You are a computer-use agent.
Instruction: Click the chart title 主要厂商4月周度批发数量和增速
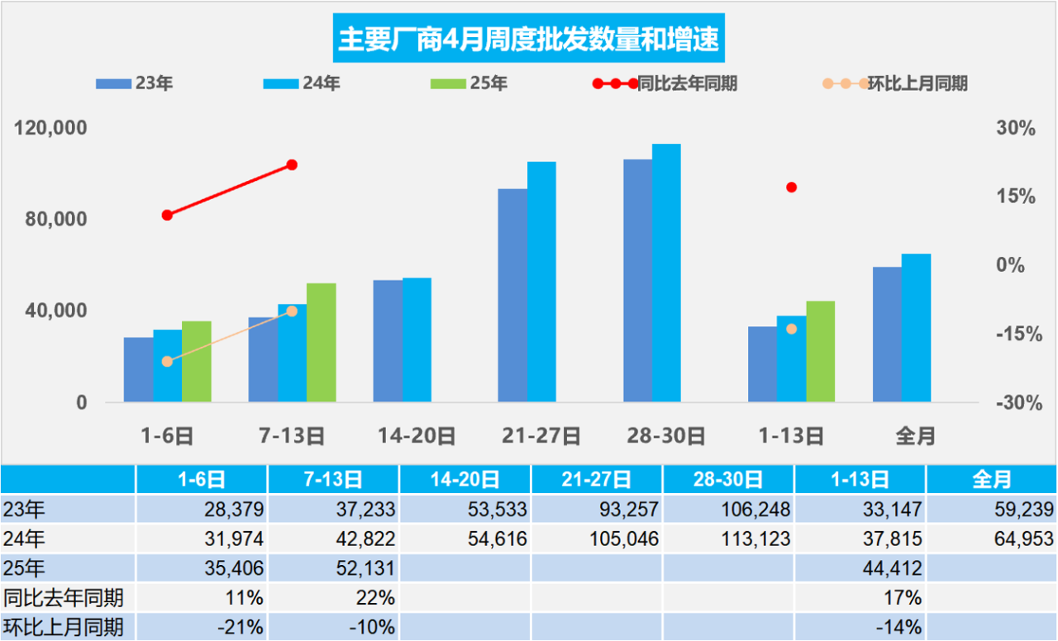click(x=529, y=39)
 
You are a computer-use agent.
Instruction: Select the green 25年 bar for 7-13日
click(x=322, y=342)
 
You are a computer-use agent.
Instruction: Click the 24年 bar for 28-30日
click(x=666, y=273)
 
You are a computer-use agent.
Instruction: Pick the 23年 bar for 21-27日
click(x=512, y=295)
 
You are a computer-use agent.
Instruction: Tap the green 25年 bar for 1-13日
click(x=821, y=351)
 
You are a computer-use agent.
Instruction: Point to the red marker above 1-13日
click(x=791, y=188)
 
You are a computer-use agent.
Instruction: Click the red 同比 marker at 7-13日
click(x=292, y=165)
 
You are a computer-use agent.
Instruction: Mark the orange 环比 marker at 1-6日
click(x=167, y=361)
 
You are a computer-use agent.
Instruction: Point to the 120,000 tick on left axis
click(x=51, y=129)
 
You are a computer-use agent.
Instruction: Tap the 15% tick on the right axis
click(x=1015, y=197)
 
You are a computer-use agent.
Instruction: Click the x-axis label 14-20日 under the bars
click(x=417, y=435)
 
